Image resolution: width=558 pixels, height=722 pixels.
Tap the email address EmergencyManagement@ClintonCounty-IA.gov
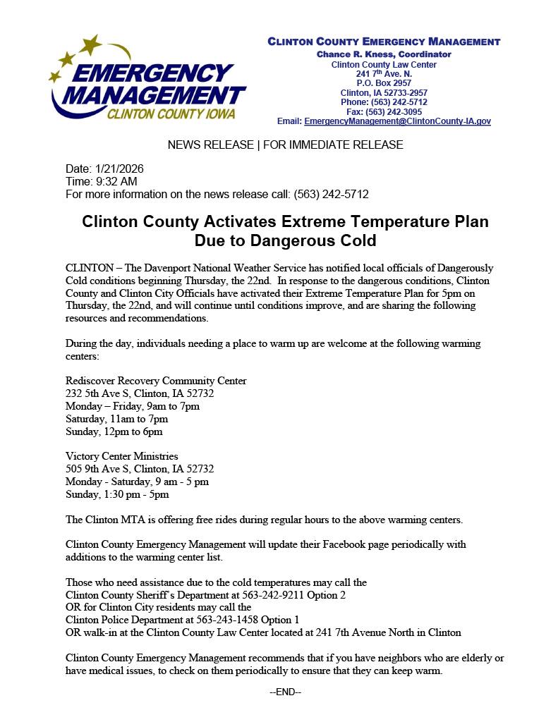point(397,121)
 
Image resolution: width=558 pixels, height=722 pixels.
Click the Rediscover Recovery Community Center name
point(156,381)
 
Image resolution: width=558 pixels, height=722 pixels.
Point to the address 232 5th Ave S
point(97,393)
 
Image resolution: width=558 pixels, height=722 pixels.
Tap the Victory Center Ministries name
point(121,456)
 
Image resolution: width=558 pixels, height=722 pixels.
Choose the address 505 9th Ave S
point(97,469)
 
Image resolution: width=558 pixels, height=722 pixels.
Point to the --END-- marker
point(285,692)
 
